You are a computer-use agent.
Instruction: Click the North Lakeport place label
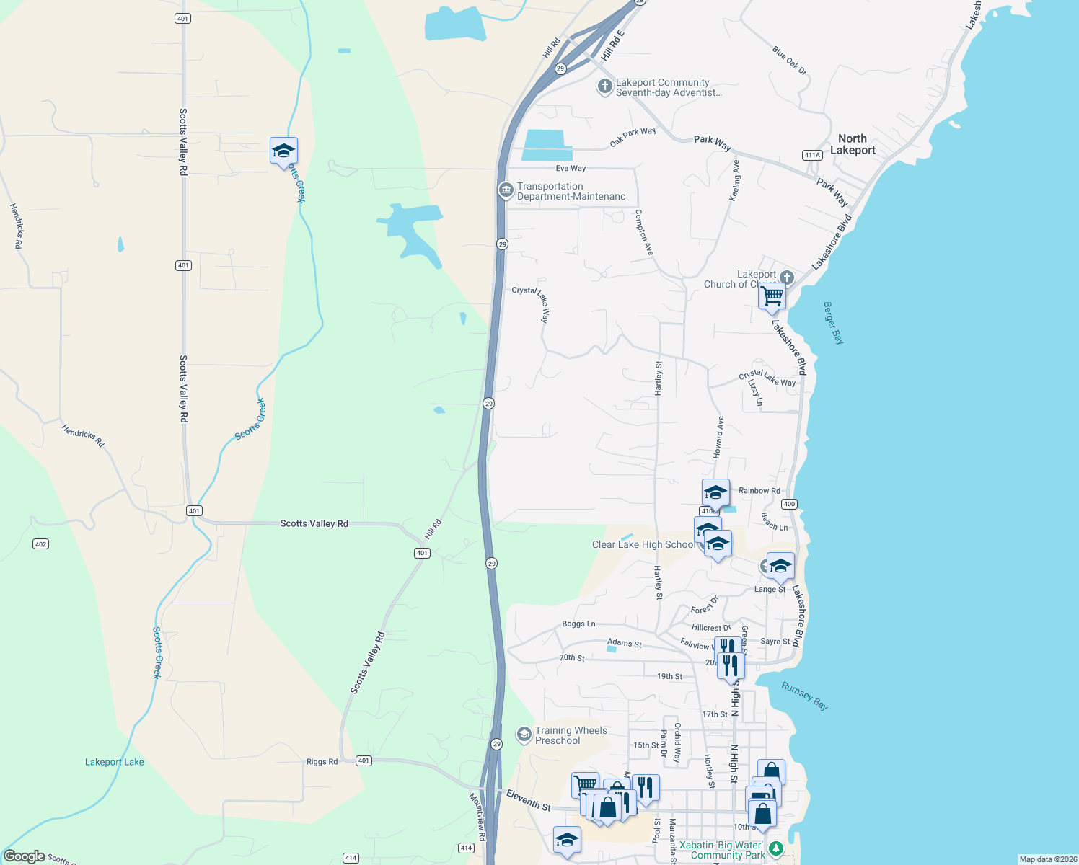(853, 144)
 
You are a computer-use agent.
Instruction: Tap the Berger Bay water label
(833, 323)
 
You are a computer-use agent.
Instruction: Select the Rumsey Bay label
(804, 696)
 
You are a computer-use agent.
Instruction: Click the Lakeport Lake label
(114, 762)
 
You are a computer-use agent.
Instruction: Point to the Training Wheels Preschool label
(571, 735)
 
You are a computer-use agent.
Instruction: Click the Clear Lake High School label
(643, 544)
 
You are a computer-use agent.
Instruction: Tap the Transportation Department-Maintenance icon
(506, 190)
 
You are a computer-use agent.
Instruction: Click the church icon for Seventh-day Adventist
(604, 87)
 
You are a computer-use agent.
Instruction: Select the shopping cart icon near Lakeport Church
(772, 296)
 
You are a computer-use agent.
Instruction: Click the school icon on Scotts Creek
(283, 151)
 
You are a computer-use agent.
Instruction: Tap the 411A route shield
(812, 155)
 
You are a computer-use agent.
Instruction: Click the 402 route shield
(41, 544)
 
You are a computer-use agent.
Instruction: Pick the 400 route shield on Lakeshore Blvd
(789, 505)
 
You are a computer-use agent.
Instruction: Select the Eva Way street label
(571, 169)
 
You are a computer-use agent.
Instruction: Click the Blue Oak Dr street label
(789, 61)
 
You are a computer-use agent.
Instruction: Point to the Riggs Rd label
(322, 761)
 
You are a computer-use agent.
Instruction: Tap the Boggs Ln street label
(578, 624)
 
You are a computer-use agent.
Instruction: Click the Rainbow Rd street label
(759, 491)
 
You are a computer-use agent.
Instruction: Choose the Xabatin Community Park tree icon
(775, 848)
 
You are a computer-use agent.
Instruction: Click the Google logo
(24, 856)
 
